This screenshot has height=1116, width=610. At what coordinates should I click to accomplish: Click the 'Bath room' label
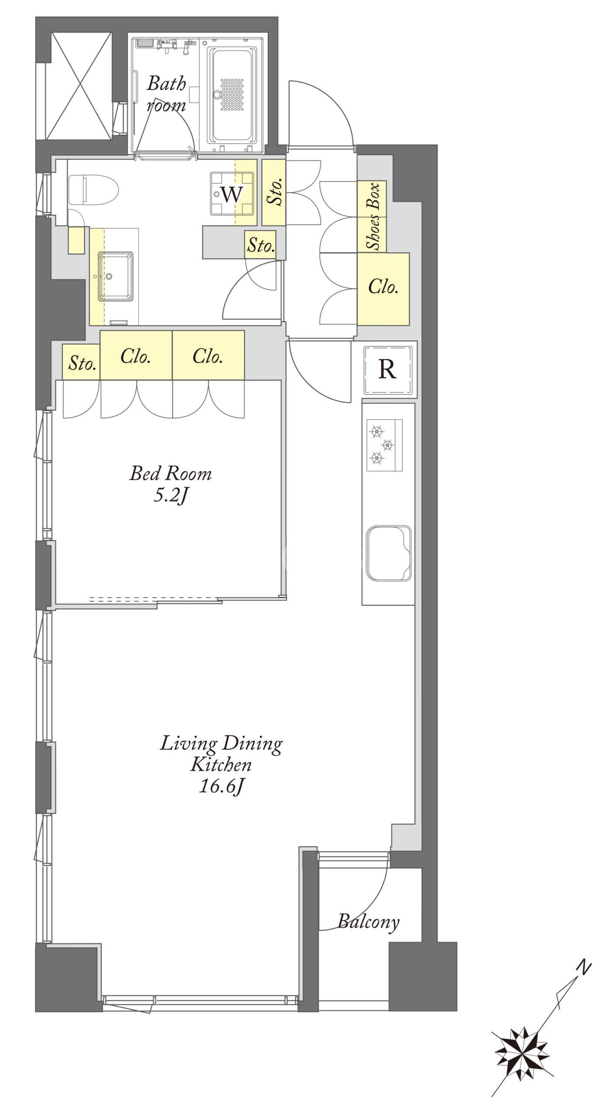pyautogui.click(x=166, y=93)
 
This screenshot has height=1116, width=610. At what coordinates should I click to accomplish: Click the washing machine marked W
pyautogui.click(x=232, y=194)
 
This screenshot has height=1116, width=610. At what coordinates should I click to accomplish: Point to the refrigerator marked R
pyautogui.click(x=387, y=369)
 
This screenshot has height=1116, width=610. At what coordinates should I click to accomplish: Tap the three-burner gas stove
pyautogui.click(x=384, y=445)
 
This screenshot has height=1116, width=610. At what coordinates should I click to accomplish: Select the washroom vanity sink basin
pyautogui.click(x=116, y=276)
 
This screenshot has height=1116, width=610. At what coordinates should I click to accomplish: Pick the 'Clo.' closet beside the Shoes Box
pyautogui.click(x=383, y=289)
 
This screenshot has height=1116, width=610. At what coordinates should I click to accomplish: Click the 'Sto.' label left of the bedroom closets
pyautogui.click(x=82, y=362)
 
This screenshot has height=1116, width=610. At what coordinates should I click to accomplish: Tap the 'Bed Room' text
pyautogui.click(x=170, y=473)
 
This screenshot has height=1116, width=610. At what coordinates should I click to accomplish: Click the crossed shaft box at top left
pyautogui.click(x=79, y=85)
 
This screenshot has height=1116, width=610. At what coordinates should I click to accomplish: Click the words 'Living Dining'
pyautogui.click(x=221, y=742)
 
